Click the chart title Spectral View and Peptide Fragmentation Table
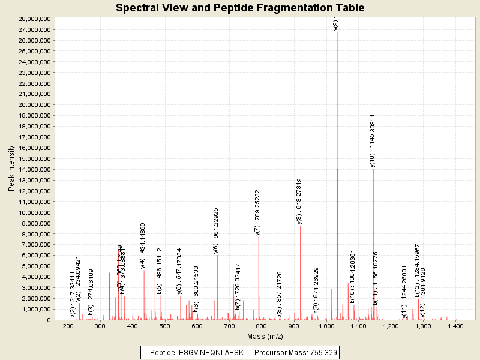240,8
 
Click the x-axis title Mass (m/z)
264,336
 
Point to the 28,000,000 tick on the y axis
33,19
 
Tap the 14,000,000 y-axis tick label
33,169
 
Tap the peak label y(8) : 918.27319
299,201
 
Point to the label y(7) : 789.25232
257,212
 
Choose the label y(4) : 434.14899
143,245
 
